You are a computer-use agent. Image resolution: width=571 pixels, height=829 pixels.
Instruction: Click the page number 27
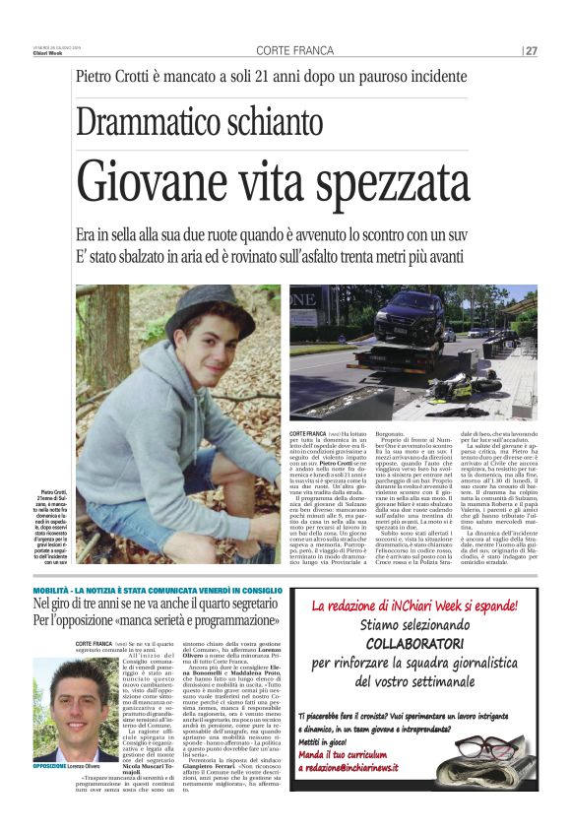[532, 51]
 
